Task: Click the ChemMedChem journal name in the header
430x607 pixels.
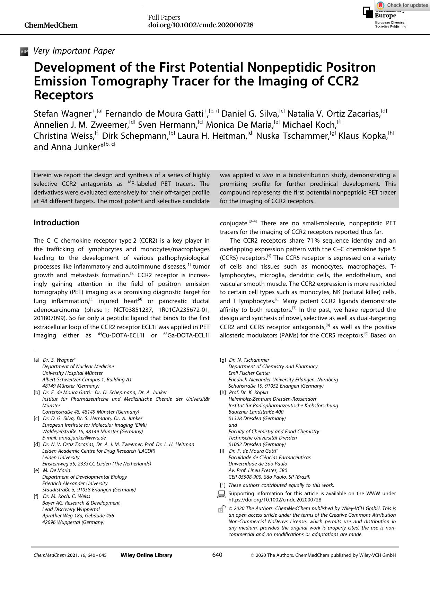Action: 51,25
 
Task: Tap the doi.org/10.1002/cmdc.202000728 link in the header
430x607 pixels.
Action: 201,25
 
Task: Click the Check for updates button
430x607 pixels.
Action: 403,5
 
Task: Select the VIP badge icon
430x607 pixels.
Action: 24,52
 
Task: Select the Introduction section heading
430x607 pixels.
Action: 56,223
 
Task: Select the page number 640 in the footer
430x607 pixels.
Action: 217,555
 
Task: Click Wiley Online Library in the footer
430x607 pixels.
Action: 146,555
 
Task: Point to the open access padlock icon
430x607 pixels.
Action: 221,509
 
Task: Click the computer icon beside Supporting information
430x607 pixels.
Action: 221,494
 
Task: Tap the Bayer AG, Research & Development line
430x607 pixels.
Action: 81,503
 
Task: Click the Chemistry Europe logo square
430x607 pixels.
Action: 368,12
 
